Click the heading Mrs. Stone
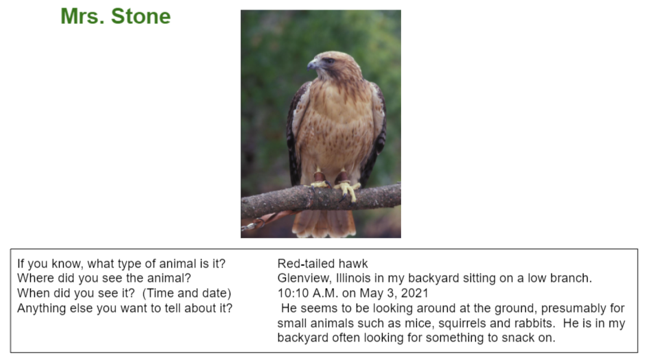tap(116, 16)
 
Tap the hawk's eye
tap(329, 61)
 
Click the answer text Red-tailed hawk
tap(322, 263)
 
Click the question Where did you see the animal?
tap(104, 278)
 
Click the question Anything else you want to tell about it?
tap(125, 308)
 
